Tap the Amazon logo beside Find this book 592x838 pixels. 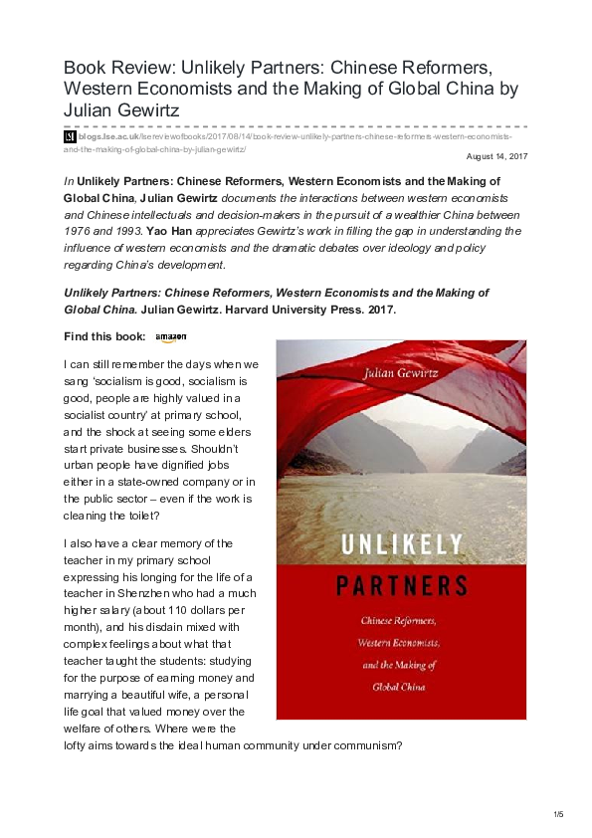(x=170, y=337)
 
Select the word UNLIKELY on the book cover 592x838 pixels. (x=400, y=542)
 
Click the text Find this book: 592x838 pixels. (x=104, y=337)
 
